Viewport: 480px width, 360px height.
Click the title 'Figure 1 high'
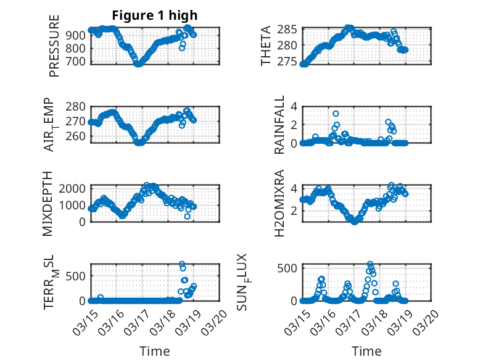click(155, 15)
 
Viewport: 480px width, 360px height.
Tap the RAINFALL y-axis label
click(279, 125)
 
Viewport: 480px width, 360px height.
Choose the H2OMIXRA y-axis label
click(279, 203)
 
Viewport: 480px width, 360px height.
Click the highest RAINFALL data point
click(336, 114)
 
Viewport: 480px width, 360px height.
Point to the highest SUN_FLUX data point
click(370, 264)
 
